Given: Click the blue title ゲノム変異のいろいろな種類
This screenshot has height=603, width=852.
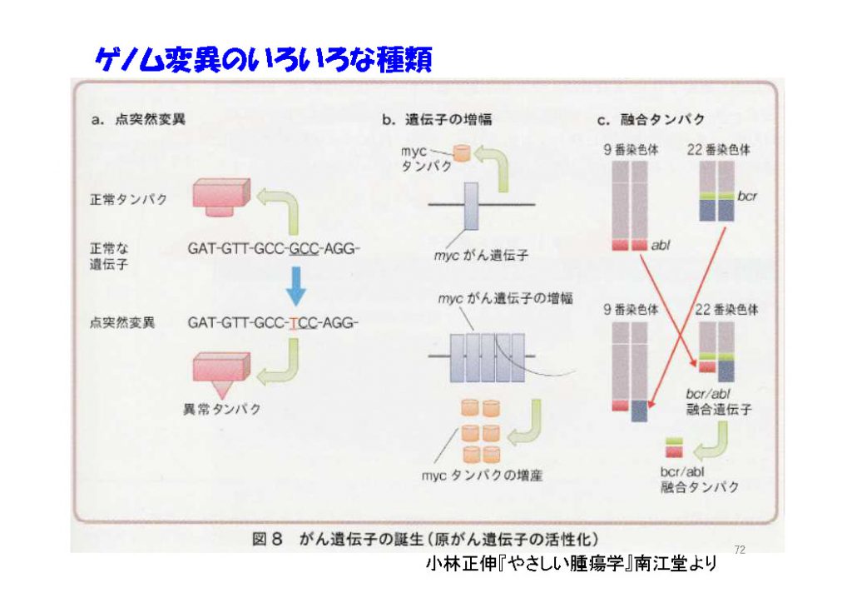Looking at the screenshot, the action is [264, 60].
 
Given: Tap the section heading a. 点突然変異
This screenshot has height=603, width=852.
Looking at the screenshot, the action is [139, 120].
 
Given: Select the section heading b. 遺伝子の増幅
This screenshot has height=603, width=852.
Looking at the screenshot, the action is [437, 120].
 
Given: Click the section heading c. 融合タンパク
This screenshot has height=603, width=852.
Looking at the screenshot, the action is [651, 120].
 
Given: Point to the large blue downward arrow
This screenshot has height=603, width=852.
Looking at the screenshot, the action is [296, 286].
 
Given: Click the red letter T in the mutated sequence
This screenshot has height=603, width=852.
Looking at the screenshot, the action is [293, 323].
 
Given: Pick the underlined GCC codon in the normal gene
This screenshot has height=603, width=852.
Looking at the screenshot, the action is [304, 249].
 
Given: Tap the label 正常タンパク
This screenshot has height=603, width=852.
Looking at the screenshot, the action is [128, 200].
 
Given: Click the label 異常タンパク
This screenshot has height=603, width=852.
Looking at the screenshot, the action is [221, 409].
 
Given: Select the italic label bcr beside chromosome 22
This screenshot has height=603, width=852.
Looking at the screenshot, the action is [747, 197].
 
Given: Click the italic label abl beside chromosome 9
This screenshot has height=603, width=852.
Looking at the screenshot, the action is [660, 245].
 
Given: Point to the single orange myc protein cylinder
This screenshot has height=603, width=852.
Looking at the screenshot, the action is [461, 152].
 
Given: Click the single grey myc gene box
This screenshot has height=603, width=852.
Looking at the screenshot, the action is [471, 206].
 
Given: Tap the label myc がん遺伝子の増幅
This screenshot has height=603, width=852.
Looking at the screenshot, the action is [505, 298].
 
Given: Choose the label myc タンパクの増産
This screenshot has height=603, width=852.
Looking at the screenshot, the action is [483, 476].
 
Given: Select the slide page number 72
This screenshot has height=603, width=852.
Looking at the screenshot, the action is [740, 550].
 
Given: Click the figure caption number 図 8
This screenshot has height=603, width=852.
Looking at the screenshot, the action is [267, 540].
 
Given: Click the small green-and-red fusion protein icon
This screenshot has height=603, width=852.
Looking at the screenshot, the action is [674, 447].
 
